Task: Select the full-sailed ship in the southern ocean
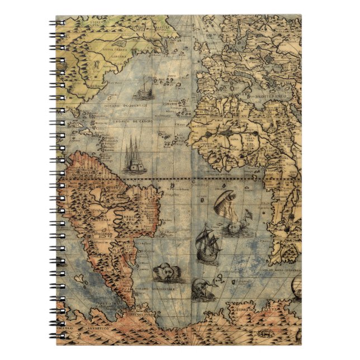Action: (209, 244)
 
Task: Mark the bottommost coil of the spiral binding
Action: (56, 337)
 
